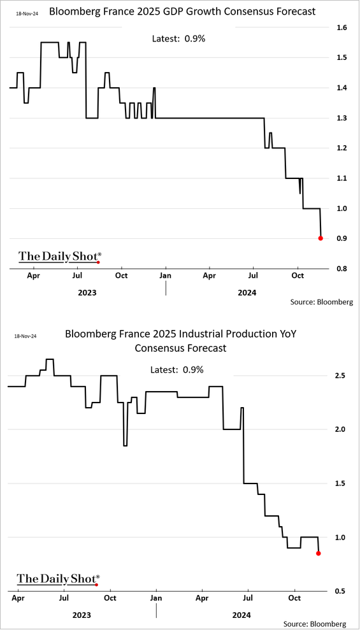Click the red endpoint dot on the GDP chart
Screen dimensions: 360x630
pos(320,238)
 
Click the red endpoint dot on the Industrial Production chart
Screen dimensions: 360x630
pos(319,554)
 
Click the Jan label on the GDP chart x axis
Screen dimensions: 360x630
pos(166,276)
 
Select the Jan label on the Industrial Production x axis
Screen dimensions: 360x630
pos(156,598)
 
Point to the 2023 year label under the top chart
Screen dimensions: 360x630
pos(87,292)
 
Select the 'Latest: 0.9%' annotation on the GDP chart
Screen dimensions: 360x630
pos(179,39)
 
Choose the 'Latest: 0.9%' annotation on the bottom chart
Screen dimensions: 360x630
pos(177,369)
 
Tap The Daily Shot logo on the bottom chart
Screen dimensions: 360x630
pos(58,579)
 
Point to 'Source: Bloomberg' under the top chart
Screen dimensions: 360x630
pos(322,302)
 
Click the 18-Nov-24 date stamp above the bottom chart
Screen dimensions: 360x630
pos(25,336)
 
